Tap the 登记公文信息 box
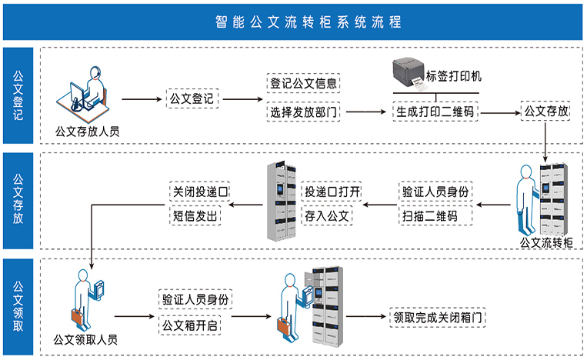point(303,82)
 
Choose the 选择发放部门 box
point(303,112)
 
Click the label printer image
point(411,73)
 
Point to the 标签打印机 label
point(455,76)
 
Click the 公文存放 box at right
point(545,112)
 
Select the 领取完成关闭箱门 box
point(439,316)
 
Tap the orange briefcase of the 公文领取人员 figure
point(76,316)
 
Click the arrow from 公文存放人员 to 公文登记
point(142,100)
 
